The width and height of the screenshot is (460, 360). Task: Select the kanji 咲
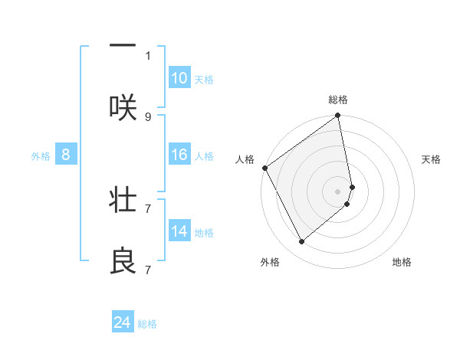(123, 107)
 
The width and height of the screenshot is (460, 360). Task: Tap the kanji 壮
(123, 201)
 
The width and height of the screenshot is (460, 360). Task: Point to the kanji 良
(123, 261)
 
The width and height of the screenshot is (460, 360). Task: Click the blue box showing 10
(179, 78)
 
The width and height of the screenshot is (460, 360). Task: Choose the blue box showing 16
(179, 155)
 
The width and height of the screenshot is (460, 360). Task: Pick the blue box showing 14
(179, 231)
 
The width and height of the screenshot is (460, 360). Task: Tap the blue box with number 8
(66, 155)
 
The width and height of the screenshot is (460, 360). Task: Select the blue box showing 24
(123, 322)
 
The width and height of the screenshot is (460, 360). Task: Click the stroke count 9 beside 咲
(148, 116)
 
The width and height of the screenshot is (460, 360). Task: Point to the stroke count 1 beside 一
(148, 55)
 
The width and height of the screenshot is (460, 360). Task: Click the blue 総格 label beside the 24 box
(147, 324)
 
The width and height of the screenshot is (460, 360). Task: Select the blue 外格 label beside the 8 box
(41, 156)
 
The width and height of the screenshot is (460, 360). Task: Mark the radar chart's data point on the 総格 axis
(338, 116)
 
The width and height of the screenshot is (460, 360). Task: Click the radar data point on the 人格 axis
(264, 168)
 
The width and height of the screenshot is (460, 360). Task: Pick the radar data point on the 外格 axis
(302, 242)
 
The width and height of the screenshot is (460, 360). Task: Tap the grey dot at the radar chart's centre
(338, 191)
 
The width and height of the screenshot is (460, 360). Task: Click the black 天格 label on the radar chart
(432, 159)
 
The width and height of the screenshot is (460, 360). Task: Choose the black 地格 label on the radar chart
(402, 262)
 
